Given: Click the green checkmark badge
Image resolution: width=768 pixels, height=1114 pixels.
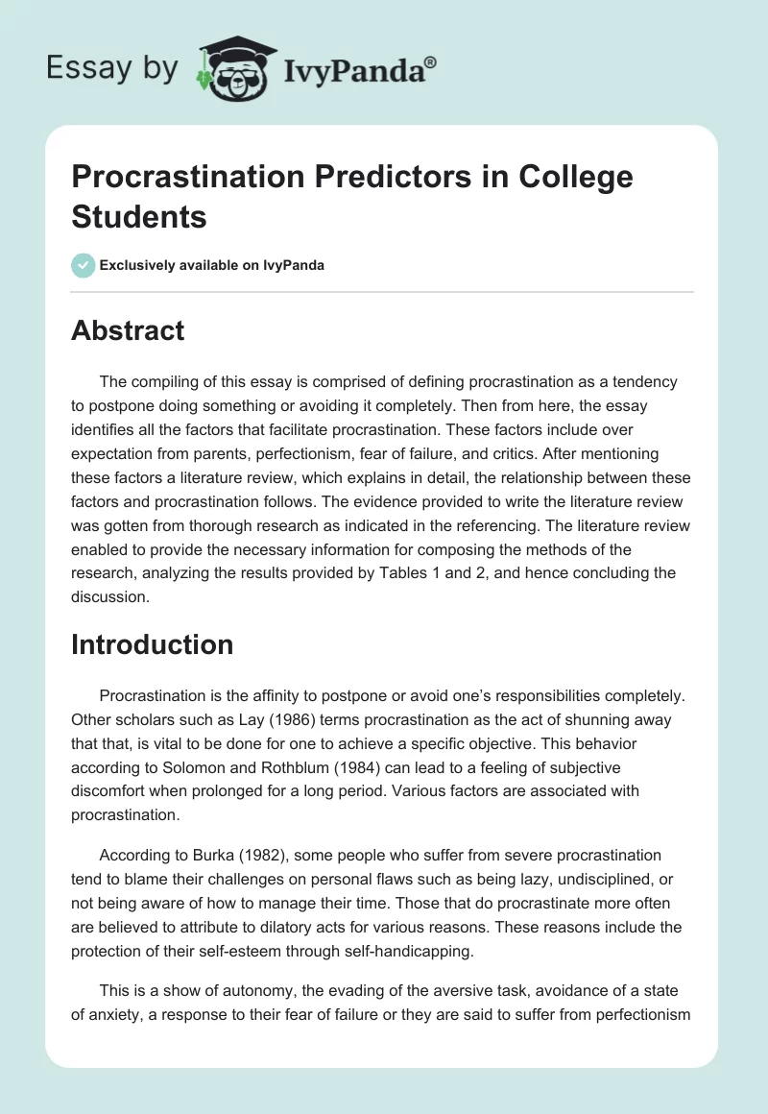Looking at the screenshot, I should pos(83,265).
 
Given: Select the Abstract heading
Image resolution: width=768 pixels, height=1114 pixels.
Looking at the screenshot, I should pos(128,330).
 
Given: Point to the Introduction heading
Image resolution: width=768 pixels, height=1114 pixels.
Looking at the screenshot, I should pos(152,643).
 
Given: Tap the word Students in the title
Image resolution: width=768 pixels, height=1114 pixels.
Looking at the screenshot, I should pos(139,217).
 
